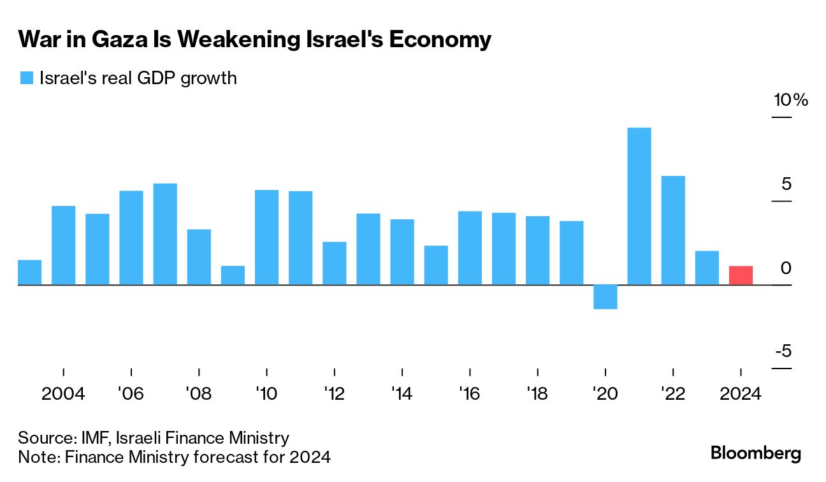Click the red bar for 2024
741,275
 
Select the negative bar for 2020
605,296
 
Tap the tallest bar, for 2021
639,206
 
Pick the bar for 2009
233,275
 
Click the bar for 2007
165,233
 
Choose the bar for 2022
673,230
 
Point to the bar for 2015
436,265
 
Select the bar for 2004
63,245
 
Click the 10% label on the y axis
790,100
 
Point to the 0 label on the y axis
786,268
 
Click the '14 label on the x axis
402,393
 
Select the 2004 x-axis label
63,393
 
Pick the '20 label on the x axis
605,393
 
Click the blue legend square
26,78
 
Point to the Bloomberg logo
755,453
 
